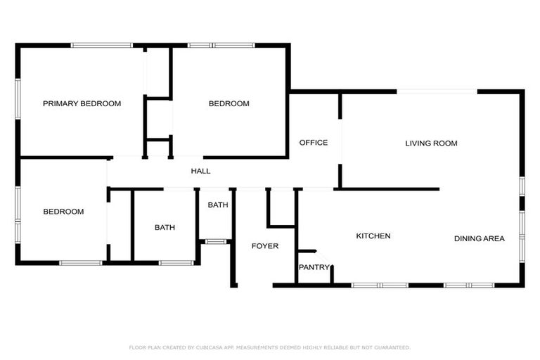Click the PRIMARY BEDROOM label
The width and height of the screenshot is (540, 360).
click(82, 103)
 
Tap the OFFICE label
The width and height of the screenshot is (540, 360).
click(313, 143)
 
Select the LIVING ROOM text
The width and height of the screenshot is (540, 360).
click(431, 143)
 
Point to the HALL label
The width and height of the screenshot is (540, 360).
click(200, 171)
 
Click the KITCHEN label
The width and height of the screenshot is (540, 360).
click(373, 236)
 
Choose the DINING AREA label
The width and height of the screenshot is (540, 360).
click(479, 239)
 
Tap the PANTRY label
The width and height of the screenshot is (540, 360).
click(314, 267)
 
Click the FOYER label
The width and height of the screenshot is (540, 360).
click(265, 246)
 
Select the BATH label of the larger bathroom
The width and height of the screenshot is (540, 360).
click(165, 228)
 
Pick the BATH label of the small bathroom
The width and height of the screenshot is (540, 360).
click(217, 205)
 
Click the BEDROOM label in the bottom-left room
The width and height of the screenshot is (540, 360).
click(63, 212)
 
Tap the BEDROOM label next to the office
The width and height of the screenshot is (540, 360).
click(229, 103)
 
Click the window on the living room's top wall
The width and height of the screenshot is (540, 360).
click(437, 91)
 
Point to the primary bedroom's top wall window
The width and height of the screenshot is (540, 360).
click(102, 46)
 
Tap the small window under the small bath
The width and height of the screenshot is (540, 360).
click(215, 241)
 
